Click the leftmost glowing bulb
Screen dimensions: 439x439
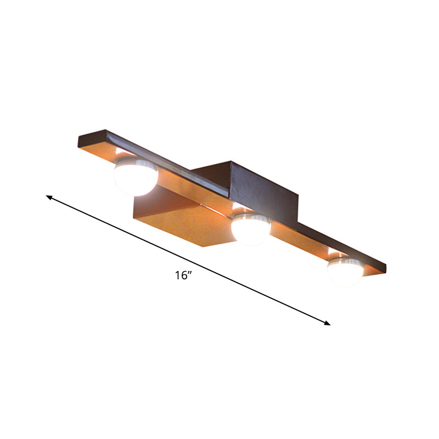click(x=135, y=176)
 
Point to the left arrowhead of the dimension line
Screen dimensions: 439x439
click(x=48, y=196)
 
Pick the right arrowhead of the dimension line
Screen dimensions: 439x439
click(x=328, y=323)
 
